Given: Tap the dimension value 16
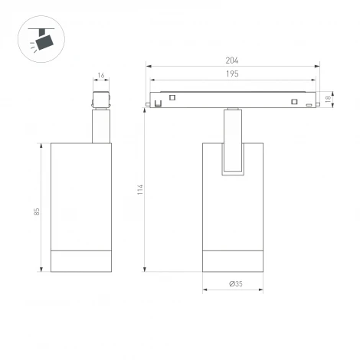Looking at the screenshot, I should [x=101, y=75].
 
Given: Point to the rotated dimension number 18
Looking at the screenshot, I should [x=329, y=99].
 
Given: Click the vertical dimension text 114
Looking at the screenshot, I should [x=139, y=188].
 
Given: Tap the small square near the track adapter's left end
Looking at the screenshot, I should [x=172, y=97].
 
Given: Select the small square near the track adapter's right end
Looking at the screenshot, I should [x=292, y=101].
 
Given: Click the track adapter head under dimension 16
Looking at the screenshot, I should [x=101, y=100].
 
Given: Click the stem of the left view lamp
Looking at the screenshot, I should [x=101, y=126].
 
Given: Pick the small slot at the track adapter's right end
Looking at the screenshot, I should [x=309, y=104].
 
